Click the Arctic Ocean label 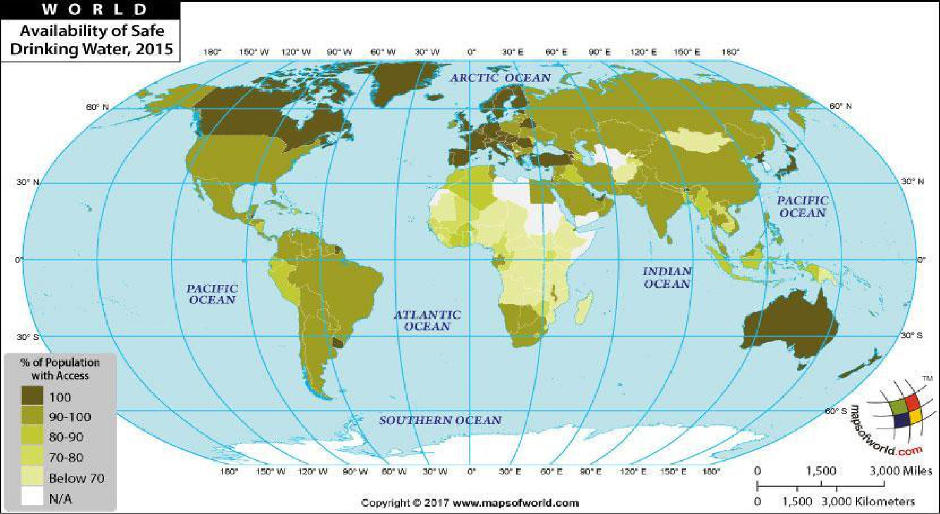pos(500,78)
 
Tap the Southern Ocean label pos(440,420)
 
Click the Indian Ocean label pos(667,278)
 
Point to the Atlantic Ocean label pos(427,320)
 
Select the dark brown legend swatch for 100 pos(33,396)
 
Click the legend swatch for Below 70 pos(33,477)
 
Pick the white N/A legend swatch pos(33,498)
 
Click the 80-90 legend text pos(66,437)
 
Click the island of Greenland pos(402,82)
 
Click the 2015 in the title pos(154,49)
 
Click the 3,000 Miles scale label pos(900,471)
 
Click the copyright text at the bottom pos(470,503)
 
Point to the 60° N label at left pos(97,107)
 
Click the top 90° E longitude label pos(600,53)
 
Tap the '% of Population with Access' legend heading pos(60,369)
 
